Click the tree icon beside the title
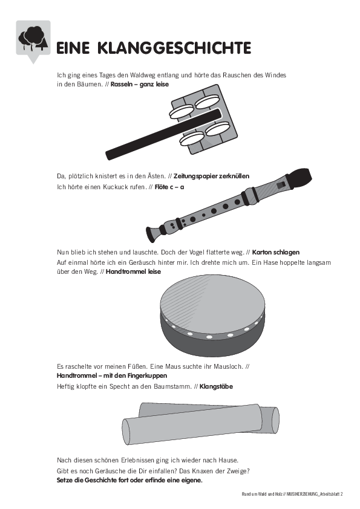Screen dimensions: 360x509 (33, 38)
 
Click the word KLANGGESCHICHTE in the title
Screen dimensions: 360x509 (174, 48)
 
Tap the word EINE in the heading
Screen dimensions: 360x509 (73, 48)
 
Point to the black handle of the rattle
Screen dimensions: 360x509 (163, 134)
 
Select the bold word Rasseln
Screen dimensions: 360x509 (122, 85)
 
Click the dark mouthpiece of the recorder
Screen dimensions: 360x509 (298, 177)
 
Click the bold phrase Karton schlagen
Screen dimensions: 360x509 (276, 252)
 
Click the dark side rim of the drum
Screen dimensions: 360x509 (212, 344)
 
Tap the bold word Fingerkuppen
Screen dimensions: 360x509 (147, 376)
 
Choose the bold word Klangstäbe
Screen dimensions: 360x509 (216, 387)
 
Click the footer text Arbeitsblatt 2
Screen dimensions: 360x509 (331, 494)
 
